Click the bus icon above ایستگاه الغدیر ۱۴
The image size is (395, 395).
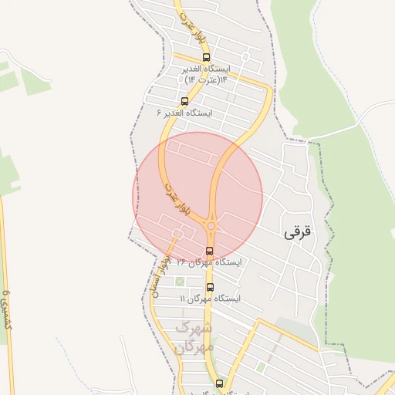[x=206, y=57]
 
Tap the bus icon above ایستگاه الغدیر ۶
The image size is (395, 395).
[x=184, y=101]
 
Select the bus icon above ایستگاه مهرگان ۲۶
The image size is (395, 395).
[x=210, y=251]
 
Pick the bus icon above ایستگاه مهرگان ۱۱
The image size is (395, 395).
[x=210, y=287]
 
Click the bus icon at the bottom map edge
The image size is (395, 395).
[x=219, y=383]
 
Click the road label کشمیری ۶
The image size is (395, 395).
[x=8, y=309]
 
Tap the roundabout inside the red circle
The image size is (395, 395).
[x=211, y=226]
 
